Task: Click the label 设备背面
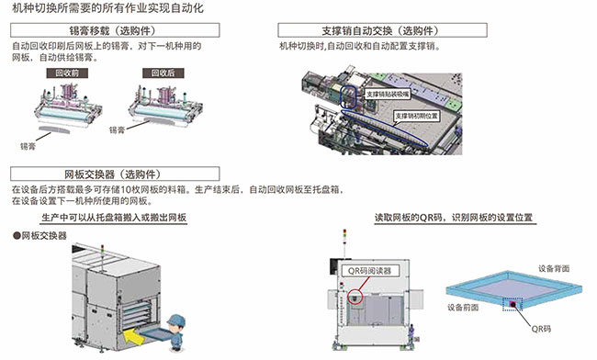550,266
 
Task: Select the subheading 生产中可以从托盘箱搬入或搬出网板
114,218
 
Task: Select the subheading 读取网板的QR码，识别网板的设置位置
454,218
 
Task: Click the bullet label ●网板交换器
39,236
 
